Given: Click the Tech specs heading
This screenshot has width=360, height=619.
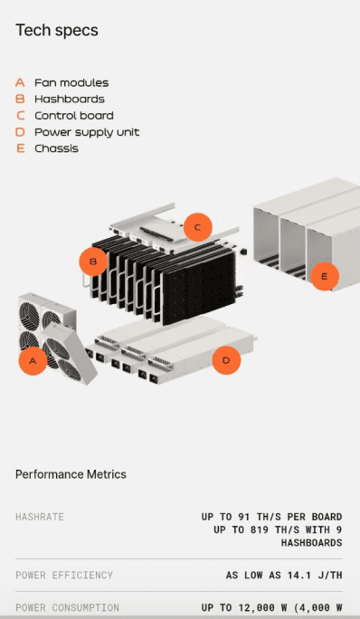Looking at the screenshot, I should pos(57,31).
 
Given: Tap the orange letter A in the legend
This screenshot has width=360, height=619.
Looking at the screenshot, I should pos(20,82).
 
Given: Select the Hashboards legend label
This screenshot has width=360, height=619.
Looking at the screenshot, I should pos(69,99).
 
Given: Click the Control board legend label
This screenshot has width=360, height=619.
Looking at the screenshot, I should pos(73,116).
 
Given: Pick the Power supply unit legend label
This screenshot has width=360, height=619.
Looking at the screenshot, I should pos(87,132).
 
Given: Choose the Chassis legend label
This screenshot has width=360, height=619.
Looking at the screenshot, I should pos(56,148).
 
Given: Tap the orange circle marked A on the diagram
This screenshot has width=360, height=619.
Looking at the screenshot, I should pos(33,362).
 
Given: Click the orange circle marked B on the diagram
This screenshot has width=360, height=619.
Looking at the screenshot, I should pos(92,262).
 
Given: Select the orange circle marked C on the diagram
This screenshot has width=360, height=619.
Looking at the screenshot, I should pos(197,227).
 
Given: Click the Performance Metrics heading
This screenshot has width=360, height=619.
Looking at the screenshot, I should pos(71,474).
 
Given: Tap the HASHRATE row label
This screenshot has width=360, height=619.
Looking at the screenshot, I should pos(40,517).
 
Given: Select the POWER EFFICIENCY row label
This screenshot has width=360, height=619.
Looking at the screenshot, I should pos(64,575).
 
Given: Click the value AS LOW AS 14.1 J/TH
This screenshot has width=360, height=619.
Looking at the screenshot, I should pos(283,575).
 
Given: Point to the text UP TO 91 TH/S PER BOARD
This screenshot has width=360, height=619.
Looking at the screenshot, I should pos(271,517).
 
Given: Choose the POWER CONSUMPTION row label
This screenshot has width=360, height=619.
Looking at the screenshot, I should pos(67,607).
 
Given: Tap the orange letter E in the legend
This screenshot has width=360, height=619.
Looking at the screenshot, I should pos(20,148).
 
